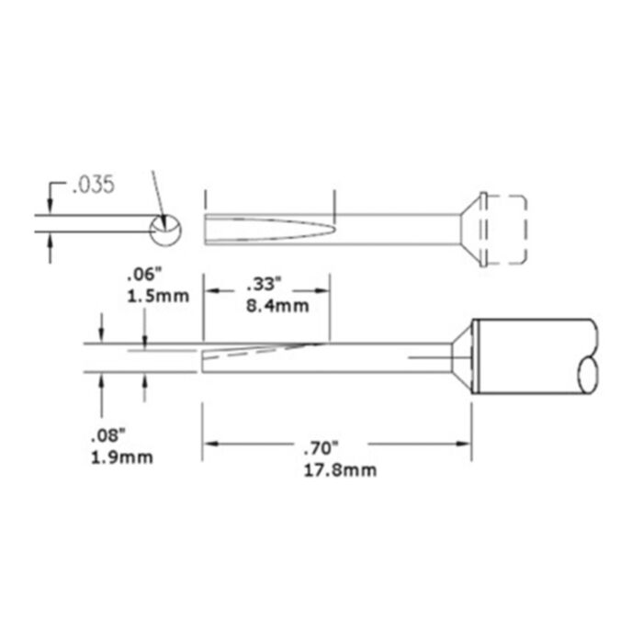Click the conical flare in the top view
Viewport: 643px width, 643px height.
pos(470,230)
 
